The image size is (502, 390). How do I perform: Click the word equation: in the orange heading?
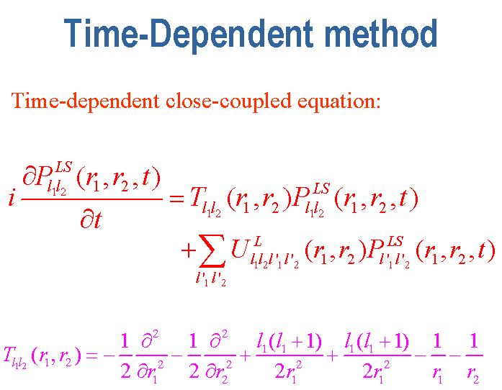(x=339, y=102)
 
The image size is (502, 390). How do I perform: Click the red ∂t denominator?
(x=91, y=219)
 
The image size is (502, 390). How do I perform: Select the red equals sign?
(x=176, y=199)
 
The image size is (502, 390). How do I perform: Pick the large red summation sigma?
(x=212, y=250)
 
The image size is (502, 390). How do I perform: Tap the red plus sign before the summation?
(x=188, y=250)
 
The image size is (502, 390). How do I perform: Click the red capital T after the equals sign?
(x=197, y=196)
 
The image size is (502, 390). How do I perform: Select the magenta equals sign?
(x=91, y=355)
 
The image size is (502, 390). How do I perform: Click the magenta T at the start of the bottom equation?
(x=8, y=355)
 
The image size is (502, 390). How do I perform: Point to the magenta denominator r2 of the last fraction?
(x=473, y=373)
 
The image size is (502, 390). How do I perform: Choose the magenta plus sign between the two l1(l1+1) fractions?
(x=333, y=355)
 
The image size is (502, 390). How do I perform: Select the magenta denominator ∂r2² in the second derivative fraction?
(x=218, y=371)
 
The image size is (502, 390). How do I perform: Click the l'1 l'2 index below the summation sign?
(x=211, y=278)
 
